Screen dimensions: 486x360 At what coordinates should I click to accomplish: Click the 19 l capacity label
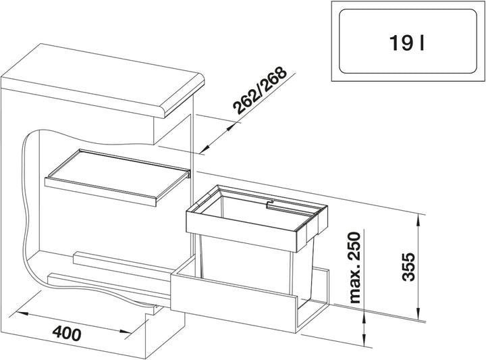[x=407, y=43]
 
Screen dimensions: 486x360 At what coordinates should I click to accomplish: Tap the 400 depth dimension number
[x=67, y=334]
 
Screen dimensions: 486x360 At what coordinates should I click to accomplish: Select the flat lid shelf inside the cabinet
[x=117, y=177]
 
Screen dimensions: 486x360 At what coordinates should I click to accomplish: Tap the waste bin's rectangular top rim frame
[x=256, y=217]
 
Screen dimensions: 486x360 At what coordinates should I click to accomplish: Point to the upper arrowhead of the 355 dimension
[x=418, y=220]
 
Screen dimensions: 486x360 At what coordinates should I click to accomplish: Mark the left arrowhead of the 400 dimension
[x=21, y=313]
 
